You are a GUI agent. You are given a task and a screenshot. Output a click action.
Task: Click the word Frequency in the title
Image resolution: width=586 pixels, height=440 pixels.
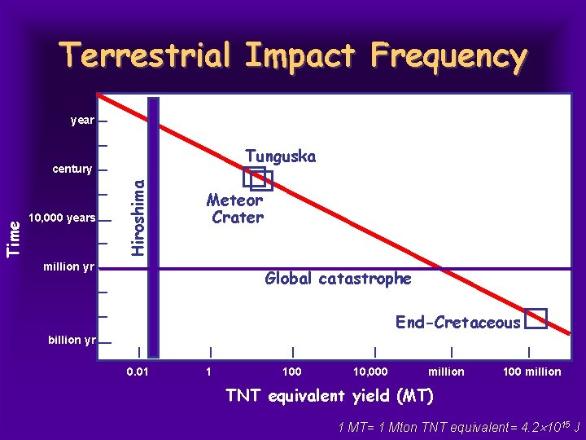pyautogui.click(x=448, y=56)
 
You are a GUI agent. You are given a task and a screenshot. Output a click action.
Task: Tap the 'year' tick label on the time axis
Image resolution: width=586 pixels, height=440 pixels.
pyautogui.click(x=82, y=121)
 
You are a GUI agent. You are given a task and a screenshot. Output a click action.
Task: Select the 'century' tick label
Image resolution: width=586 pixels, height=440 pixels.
pyautogui.click(x=72, y=169)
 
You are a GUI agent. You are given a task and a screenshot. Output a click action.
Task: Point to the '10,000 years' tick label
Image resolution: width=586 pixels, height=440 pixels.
pyautogui.click(x=62, y=218)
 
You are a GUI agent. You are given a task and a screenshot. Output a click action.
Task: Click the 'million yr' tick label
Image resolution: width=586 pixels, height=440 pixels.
pyautogui.click(x=68, y=266)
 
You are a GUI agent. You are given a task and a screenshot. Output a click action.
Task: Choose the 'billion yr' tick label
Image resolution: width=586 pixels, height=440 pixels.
pyautogui.click(x=71, y=340)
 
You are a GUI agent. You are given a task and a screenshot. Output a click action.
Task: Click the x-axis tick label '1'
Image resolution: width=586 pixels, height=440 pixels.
pyautogui.click(x=209, y=372)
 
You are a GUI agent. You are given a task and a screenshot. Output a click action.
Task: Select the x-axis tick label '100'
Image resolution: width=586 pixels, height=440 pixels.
pyautogui.click(x=291, y=372)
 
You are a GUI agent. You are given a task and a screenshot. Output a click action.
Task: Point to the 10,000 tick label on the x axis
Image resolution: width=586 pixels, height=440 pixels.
pyautogui.click(x=370, y=372)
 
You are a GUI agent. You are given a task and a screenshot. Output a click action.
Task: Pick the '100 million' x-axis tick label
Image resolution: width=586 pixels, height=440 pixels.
pyautogui.click(x=531, y=372)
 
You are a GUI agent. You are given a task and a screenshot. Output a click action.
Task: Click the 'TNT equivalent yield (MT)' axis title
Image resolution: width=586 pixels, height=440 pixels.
pyautogui.click(x=330, y=397)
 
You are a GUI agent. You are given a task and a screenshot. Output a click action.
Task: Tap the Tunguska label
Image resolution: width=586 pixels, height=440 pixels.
pyautogui.click(x=280, y=156)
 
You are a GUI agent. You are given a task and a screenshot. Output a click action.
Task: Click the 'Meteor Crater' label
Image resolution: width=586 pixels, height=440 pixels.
pyautogui.click(x=236, y=209)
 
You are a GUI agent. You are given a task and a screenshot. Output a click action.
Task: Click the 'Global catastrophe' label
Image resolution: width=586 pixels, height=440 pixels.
pyautogui.click(x=338, y=279)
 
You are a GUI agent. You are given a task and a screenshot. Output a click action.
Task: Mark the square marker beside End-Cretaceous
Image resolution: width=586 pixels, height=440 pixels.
pyautogui.click(x=535, y=319)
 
